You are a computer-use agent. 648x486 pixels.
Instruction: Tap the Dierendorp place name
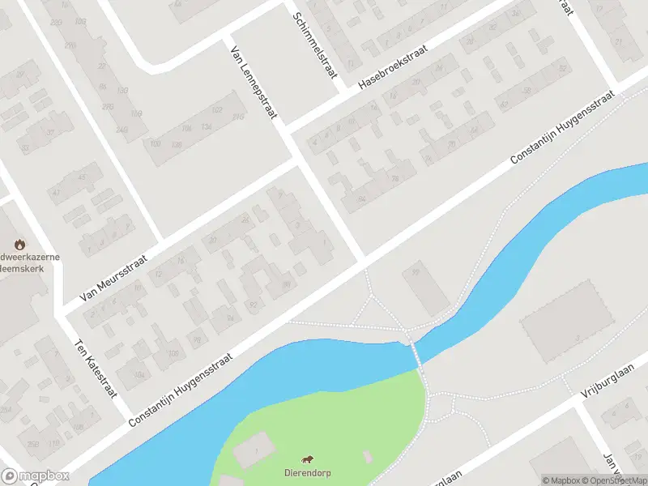[308, 473]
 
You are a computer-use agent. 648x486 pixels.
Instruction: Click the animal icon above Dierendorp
[308, 459]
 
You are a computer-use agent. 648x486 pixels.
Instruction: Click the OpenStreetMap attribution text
[611, 480]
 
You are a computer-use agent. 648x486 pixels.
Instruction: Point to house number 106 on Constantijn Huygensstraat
[173, 353]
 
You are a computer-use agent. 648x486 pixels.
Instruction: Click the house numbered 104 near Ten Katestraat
[139, 374]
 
